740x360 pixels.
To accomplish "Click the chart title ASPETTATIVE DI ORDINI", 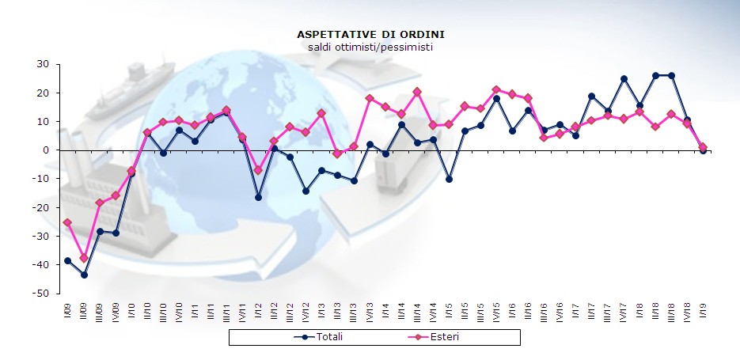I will (370, 35).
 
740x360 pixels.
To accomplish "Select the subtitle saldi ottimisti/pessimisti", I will (370, 47).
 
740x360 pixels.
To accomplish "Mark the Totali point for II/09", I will (84, 275).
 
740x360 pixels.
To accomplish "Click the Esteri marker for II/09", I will (84, 258).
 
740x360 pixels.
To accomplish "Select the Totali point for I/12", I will (258, 197).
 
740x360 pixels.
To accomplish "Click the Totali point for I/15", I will (449, 180).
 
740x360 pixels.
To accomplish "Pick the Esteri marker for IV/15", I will (496, 90).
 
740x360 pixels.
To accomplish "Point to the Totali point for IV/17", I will (624, 78).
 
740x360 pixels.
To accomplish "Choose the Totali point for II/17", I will (592, 97).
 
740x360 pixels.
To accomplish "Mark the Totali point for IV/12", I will (305, 191).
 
